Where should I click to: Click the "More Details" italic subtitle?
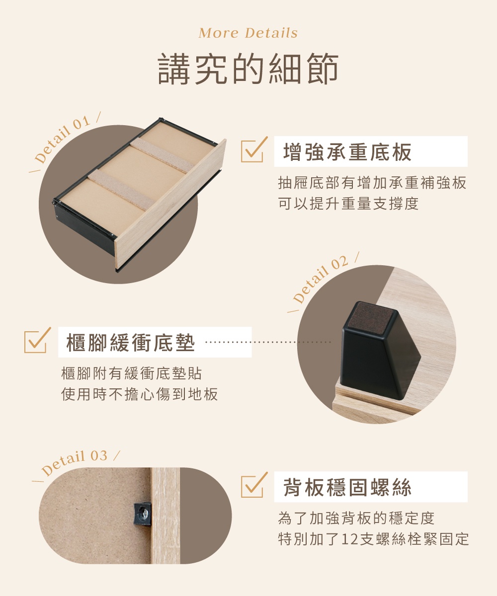248,33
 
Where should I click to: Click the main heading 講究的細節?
248,70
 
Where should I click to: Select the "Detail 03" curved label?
75,462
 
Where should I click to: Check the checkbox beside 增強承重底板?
252,150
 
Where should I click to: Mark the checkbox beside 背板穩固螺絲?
252,485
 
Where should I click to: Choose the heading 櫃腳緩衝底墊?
131,343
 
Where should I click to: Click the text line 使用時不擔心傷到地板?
139,395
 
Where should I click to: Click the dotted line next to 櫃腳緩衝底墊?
268,342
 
